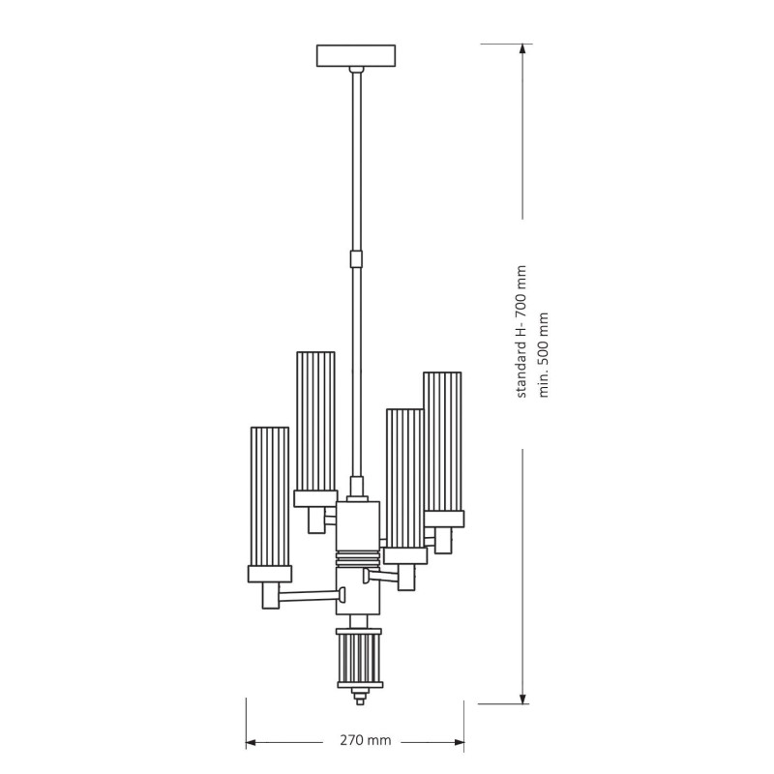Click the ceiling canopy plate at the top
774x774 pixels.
[x=355, y=55]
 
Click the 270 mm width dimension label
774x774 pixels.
[x=366, y=740]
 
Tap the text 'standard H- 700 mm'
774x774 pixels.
[x=521, y=332]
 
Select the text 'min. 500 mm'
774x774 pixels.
[x=543, y=354]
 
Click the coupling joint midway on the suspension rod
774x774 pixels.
[x=356, y=259]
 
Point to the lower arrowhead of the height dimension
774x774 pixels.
[x=522, y=697]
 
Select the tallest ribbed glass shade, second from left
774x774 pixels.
[x=315, y=421]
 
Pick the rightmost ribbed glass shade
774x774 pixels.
[x=442, y=442]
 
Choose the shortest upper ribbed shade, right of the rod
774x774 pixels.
[x=404, y=478]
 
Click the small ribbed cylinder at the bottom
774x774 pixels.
[x=359, y=658]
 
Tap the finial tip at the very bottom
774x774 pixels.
[x=359, y=697]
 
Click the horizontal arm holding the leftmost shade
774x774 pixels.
[x=310, y=597]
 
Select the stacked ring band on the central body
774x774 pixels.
[x=359, y=559]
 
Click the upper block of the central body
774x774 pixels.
[x=358, y=526]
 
